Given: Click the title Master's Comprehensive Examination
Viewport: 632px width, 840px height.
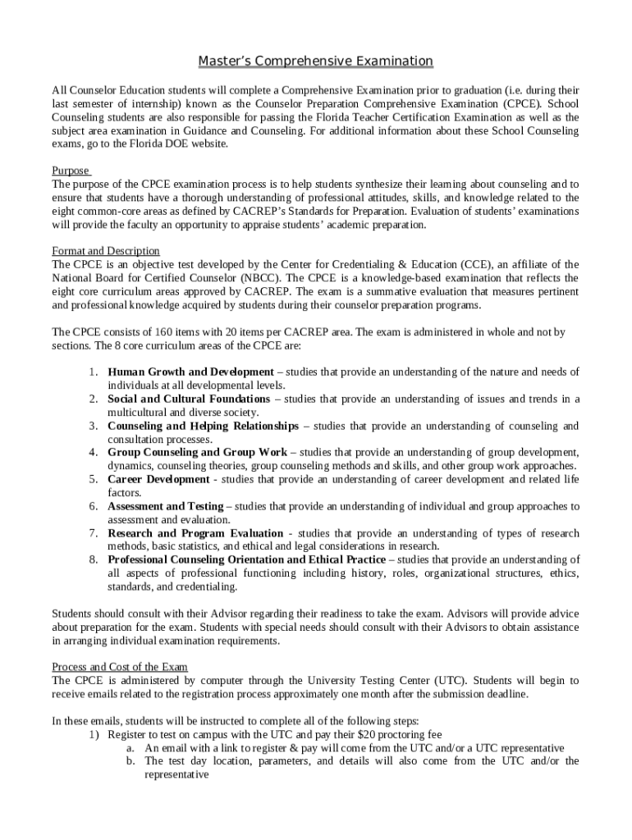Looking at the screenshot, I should tap(316, 62).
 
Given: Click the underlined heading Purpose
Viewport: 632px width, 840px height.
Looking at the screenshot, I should tap(71, 171).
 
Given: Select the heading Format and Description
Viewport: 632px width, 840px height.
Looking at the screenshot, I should tap(106, 250).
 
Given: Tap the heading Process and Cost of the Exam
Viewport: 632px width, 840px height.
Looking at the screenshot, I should tap(120, 667).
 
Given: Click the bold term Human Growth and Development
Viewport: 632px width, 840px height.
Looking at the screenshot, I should tap(191, 372).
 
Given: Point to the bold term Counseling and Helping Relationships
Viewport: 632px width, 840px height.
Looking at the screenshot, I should tap(204, 426).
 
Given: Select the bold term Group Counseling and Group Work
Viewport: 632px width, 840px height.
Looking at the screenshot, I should tap(198, 452).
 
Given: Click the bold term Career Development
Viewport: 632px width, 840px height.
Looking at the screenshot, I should tap(158, 479).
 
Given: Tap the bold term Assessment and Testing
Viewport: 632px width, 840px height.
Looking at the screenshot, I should tap(165, 506).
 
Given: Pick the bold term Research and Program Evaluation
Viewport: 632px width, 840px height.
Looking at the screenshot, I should tap(195, 533).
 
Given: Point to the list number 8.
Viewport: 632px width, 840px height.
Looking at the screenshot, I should tap(93, 559).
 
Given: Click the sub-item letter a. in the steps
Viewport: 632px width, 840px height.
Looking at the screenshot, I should tap(131, 748).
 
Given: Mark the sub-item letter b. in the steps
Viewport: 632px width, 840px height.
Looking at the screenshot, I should tap(131, 761).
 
